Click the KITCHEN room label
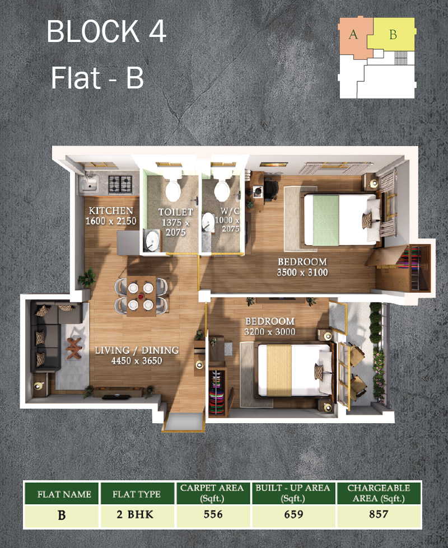tap(110, 210)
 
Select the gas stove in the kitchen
tap(120, 185)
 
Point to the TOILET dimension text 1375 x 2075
tap(176, 227)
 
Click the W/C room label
tap(230, 210)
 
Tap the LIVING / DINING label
tap(137, 350)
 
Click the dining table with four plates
tap(141, 296)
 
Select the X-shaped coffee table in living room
tap(74, 348)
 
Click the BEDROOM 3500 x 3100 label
tap(302, 267)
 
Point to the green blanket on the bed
tap(325, 220)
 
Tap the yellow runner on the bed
tap(279, 370)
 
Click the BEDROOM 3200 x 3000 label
tap(269, 326)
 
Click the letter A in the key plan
tap(353, 34)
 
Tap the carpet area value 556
tap(213, 514)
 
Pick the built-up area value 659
tap(293, 514)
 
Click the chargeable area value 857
tap(379, 514)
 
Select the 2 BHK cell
tap(135, 514)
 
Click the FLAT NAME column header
tap(64, 494)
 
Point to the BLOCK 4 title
tap(106, 31)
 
